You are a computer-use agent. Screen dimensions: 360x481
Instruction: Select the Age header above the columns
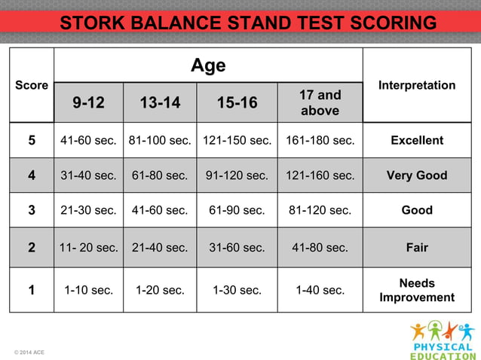tap(208, 66)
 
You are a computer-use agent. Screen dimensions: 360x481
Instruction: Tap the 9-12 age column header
tap(88, 103)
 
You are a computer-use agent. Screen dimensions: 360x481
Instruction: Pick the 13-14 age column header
tap(160, 103)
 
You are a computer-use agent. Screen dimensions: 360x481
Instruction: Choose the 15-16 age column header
tap(237, 103)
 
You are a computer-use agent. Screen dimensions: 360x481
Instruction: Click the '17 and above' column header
tap(320, 103)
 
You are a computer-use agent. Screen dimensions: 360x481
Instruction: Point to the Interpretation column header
tap(417, 85)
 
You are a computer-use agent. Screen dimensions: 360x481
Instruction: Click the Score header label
tap(32, 85)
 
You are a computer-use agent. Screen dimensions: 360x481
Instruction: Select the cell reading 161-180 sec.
tap(320, 140)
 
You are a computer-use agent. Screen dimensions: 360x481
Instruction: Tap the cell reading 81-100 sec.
tap(160, 140)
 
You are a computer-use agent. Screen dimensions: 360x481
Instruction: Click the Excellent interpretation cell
tap(417, 140)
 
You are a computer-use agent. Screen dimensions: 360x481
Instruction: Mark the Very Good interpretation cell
tap(417, 175)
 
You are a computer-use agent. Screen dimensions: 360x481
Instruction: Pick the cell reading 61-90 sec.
tap(237, 210)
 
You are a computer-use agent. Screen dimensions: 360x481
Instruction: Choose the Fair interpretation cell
tap(417, 246)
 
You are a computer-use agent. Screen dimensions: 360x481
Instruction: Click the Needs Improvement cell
tap(417, 290)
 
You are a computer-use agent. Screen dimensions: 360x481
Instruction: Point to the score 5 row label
tap(32, 140)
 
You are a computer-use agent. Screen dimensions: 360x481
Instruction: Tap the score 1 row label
tap(32, 290)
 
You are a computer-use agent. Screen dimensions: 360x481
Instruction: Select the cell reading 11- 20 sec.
tap(88, 246)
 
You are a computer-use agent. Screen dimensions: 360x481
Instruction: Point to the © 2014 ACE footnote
tap(29, 352)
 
